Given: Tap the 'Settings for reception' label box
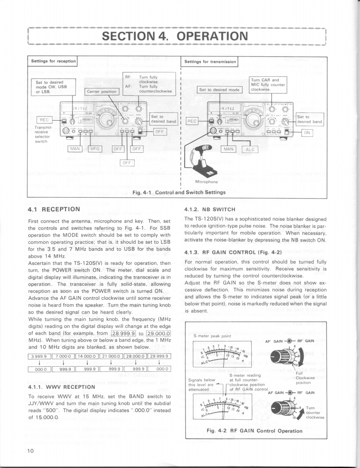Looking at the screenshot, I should pos(52,62).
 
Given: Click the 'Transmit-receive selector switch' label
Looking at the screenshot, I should pos(42,134).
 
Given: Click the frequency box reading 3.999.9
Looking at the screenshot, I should pos(40,356).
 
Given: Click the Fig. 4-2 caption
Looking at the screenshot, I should pos(254,430).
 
